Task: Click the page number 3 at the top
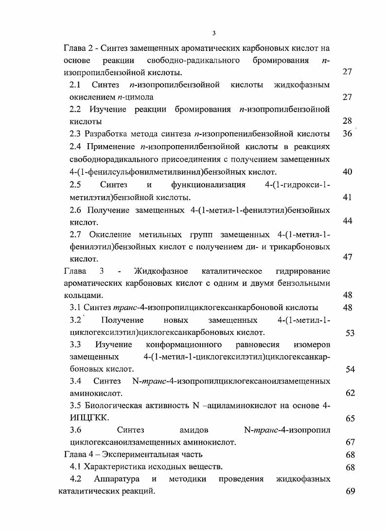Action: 214,33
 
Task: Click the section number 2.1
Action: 75,85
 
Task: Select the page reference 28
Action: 347,121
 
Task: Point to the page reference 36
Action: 347,133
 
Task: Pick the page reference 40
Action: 347,171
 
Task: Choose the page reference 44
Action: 347,221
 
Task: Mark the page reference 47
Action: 347,257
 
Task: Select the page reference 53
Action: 350,333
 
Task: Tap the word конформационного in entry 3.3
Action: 184,345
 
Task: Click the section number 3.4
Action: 75,382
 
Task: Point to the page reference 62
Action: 350,393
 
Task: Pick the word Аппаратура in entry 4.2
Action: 117,479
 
